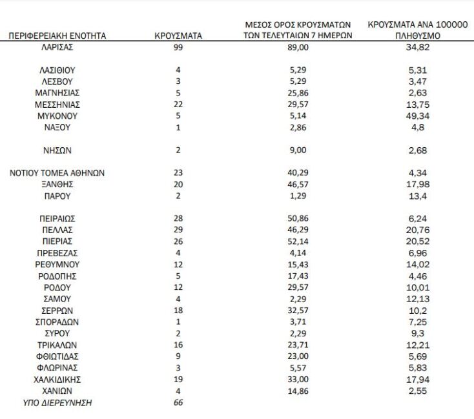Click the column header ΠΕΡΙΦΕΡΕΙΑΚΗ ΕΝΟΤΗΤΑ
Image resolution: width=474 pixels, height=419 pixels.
[57, 36]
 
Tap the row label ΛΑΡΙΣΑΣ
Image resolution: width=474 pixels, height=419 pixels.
[57, 47]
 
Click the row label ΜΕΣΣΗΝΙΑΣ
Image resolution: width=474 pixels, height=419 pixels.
[57, 105]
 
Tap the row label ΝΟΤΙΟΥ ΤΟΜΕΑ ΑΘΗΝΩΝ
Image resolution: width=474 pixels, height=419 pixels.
[57, 173]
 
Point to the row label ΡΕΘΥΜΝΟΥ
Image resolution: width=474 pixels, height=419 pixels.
[57, 265]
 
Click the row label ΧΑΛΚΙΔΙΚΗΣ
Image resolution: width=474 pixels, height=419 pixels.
[57, 380]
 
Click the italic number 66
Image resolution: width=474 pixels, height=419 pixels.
[178, 403]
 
